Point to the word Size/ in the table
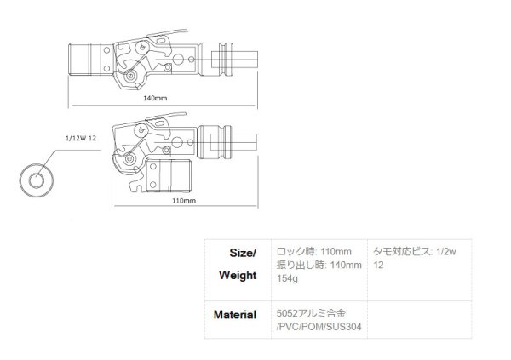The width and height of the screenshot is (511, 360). coord(244,253)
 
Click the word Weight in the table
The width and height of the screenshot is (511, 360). coord(238,276)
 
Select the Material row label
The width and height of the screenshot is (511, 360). coord(234,314)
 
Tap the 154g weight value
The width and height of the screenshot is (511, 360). coord(288,279)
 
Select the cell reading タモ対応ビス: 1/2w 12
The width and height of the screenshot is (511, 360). coord(416,259)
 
